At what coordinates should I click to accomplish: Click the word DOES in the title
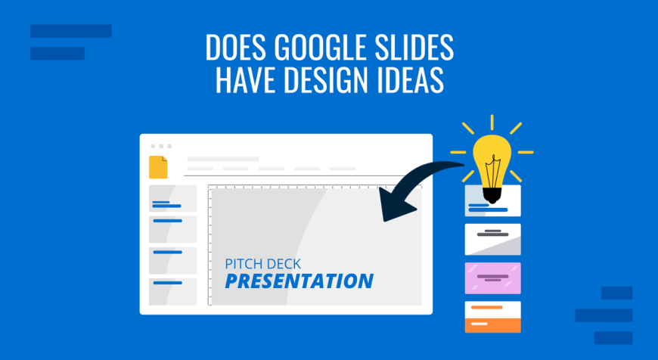(235, 47)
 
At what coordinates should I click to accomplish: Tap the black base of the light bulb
(492, 195)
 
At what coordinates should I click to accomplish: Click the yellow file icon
(158, 167)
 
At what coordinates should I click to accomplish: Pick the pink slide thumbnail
(492, 278)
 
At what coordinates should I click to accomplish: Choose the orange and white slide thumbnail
(492, 317)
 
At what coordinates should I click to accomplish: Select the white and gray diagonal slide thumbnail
(492, 239)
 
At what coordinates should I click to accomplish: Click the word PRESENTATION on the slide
(299, 281)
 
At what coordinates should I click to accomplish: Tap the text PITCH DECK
(262, 264)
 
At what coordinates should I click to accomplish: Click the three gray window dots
(161, 146)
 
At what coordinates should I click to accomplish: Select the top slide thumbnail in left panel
(173, 198)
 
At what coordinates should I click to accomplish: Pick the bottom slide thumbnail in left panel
(173, 292)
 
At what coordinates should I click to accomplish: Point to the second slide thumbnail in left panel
(173, 229)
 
